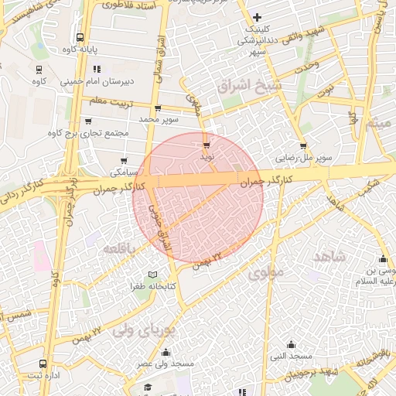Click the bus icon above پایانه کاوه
80,37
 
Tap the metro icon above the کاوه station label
39,67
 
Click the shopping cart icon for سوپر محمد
159,108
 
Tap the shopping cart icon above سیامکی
123,160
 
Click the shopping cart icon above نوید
207,145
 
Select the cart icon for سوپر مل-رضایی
302,145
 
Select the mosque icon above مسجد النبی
292,344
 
